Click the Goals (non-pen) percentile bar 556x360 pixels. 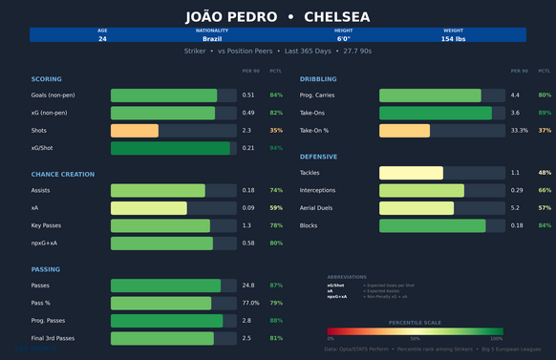[163, 95]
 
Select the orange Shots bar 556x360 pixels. [135, 131]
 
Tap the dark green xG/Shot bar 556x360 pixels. [170, 148]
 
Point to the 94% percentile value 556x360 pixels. [276, 148]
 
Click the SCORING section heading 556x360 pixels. [46, 78]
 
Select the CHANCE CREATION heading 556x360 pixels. [63, 174]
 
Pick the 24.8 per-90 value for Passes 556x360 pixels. [248, 286]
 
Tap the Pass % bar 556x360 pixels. [160, 304]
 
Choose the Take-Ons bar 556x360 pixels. [436, 113]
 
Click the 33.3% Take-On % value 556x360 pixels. [520, 131]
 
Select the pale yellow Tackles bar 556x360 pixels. [411, 173]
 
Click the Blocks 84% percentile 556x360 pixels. [545, 225]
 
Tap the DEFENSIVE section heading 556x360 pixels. [318, 156]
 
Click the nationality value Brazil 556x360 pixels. [212, 39]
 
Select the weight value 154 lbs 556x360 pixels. [453, 39]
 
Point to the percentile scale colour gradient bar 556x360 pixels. [415, 331]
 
